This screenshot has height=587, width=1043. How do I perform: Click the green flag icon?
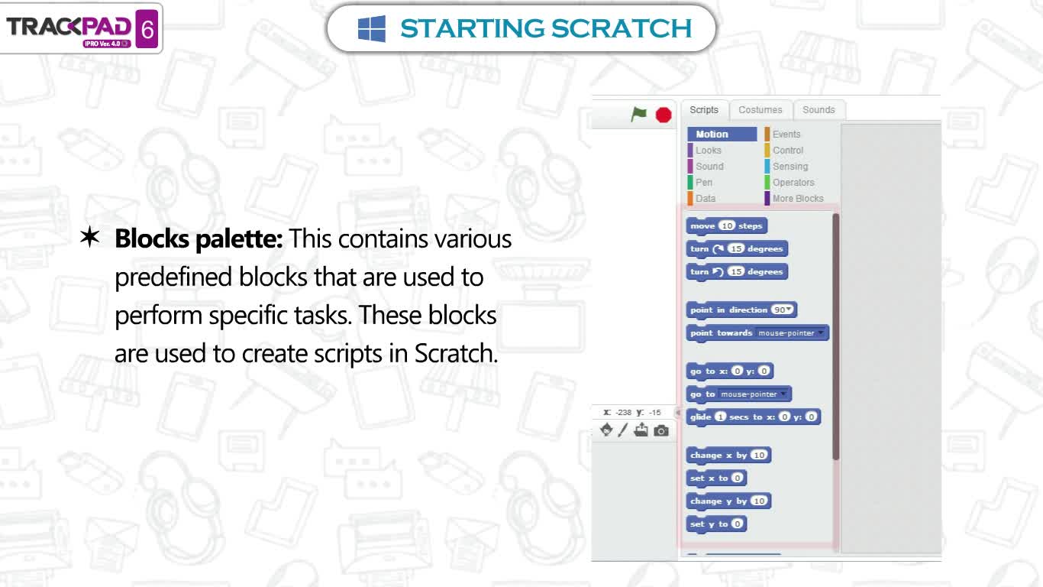(x=638, y=114)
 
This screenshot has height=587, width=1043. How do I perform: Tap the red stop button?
(x=664, y=115)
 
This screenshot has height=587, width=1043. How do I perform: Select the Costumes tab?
(x=760, y=110)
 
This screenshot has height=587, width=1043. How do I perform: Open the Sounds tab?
(x=819, y=110)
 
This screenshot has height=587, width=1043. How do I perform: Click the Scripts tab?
(x=703, y=110)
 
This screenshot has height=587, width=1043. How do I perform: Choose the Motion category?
(x=722, y=135)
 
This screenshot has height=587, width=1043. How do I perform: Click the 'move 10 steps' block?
(x=726, y=226)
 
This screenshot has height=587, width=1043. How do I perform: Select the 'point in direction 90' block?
(x=741, y=310)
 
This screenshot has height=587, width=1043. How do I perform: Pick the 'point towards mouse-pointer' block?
(x=757, y=333)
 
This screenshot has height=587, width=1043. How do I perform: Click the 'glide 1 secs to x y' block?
(x=753, y=417)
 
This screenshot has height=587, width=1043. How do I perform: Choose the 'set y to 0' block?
(x=716, y=524)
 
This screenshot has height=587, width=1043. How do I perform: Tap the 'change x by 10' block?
(x=728, y=456)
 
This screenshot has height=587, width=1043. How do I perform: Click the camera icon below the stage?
(x=661, y=430)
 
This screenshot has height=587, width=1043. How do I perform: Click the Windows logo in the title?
(x=372, y=28)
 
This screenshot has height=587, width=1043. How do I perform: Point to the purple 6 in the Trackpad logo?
(x=147, y=29)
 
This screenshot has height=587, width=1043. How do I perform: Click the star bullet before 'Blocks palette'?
(x=89, y=237)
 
